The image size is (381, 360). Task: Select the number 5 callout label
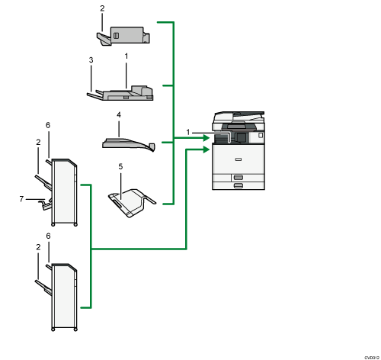[120, 165]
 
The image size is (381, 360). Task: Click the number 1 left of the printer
[188, 133]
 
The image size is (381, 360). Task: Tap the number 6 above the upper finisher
[48, 125]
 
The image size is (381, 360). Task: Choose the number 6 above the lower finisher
[48, 236]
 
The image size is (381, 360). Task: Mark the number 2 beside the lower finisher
[37, 248]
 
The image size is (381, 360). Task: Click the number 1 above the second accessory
[126, 56]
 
